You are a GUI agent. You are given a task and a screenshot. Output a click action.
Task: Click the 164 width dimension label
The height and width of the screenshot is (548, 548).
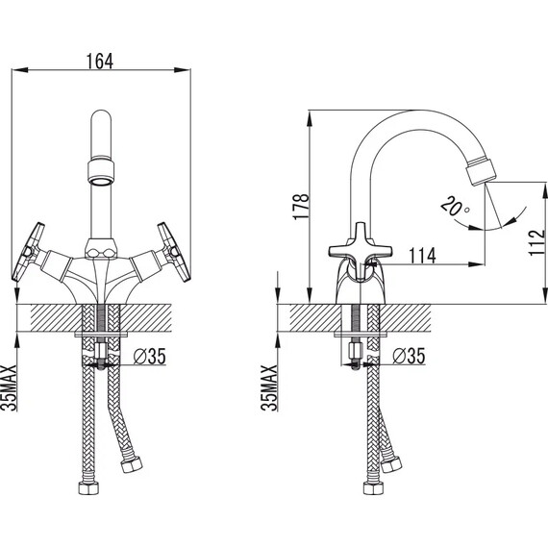point(100,62)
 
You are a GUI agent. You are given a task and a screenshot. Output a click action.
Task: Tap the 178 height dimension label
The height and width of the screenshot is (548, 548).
point(301,206)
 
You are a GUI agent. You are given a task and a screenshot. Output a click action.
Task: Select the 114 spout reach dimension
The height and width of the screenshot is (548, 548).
point(422,256)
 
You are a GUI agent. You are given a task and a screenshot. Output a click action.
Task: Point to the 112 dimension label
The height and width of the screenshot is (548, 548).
point(536,242)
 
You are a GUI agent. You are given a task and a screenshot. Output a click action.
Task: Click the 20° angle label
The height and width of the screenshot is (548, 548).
point(455,206)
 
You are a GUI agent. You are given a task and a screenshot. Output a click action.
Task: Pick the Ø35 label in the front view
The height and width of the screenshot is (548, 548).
point(150,357)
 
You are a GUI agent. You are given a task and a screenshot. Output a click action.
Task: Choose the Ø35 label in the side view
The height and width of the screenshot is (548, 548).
point(409,357)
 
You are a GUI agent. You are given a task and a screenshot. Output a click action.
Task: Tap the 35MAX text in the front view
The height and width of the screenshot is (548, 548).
point(9,388)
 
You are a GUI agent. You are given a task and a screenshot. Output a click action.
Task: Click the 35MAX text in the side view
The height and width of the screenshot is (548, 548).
point(269,388)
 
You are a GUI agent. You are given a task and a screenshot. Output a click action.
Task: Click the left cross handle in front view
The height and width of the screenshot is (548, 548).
point(28,252)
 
